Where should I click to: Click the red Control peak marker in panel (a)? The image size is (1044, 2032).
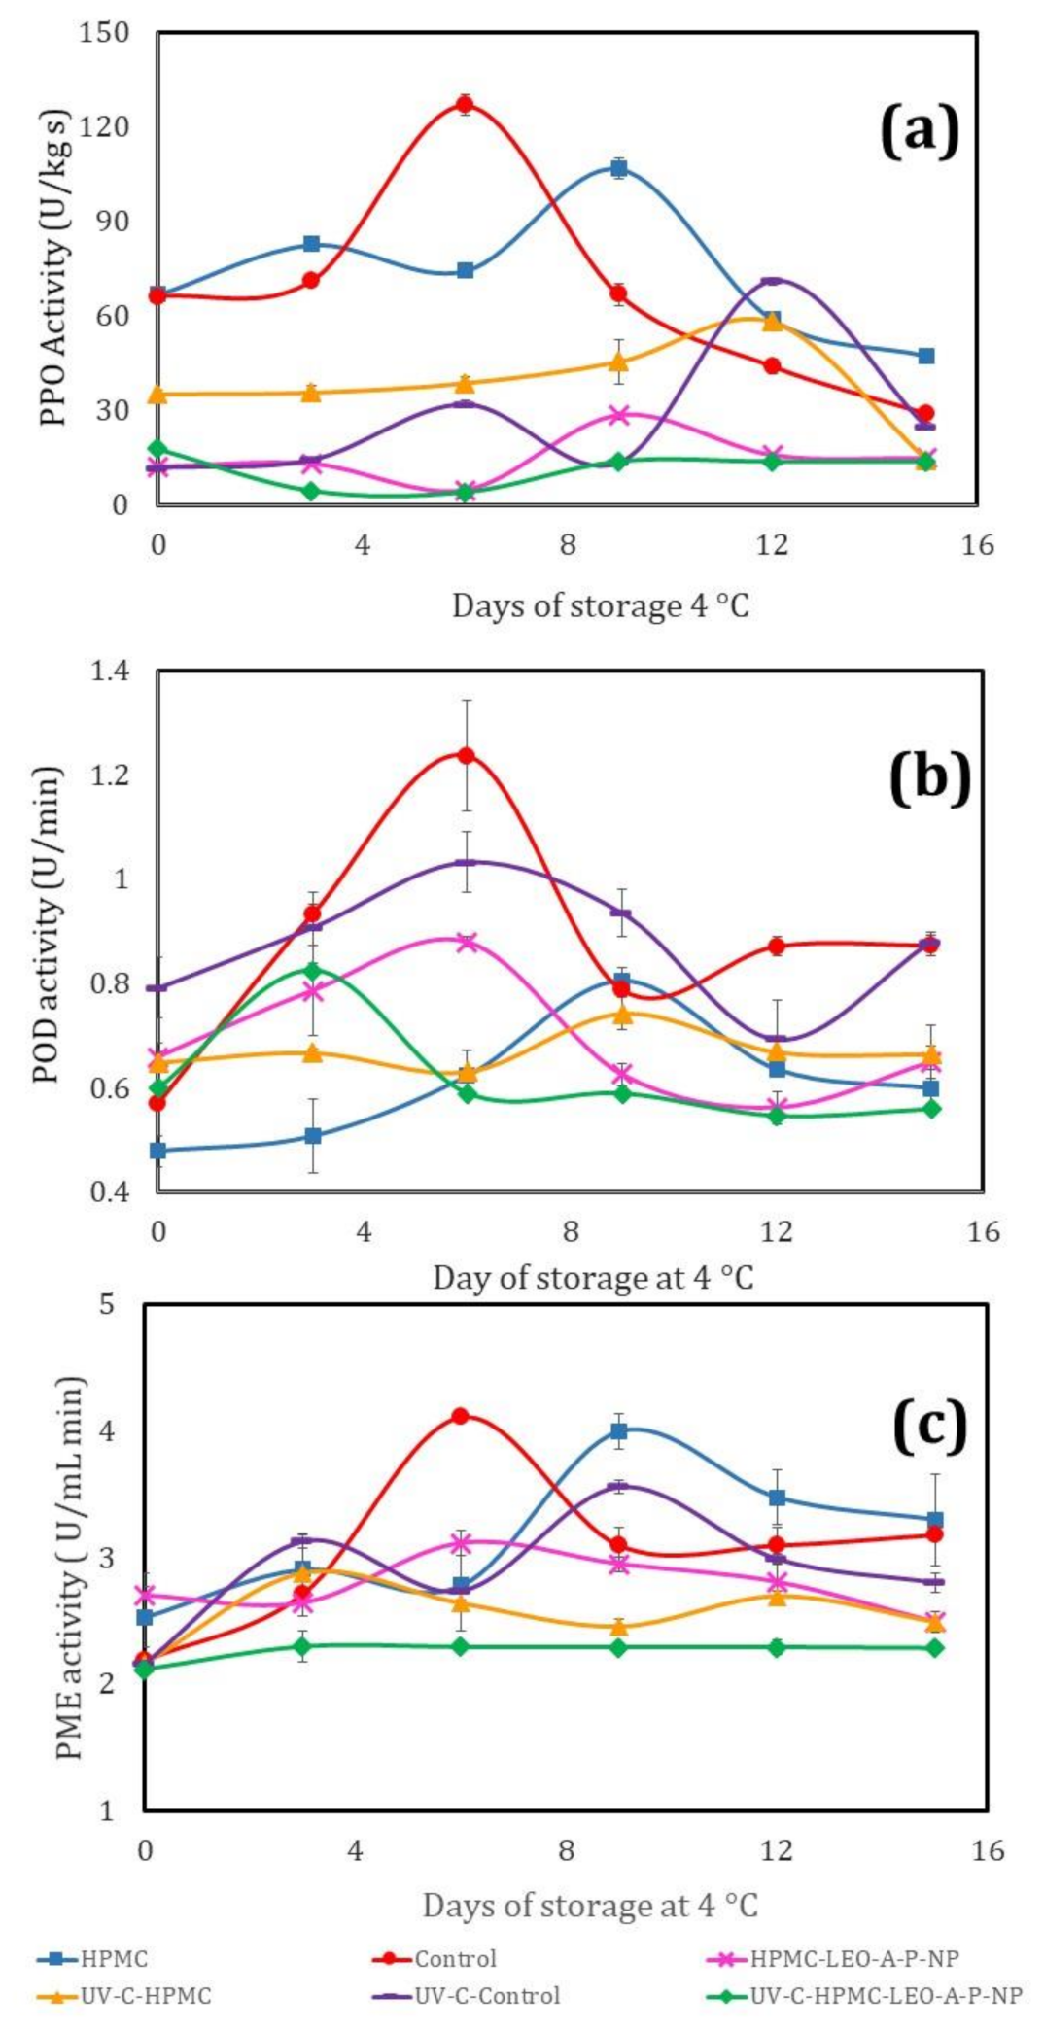466,105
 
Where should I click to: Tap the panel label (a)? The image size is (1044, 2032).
919,130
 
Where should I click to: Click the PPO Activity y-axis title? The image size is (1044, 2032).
55,267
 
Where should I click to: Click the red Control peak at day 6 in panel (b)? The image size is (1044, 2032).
467,755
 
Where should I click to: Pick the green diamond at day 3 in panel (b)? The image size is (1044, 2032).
312,970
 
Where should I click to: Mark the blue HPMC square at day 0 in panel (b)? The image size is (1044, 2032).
157,1150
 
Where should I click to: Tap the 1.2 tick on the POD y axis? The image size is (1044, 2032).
110,775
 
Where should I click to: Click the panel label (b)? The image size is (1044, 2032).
929,777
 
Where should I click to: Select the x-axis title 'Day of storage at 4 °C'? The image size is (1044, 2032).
593,1277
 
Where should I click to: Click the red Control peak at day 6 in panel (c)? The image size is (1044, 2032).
461,1416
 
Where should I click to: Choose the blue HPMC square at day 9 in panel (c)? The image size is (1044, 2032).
619,1430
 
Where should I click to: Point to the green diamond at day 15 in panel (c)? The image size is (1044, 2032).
934,1648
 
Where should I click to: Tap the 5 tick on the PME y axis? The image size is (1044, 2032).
108,1304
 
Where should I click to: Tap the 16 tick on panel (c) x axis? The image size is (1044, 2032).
988,1850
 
